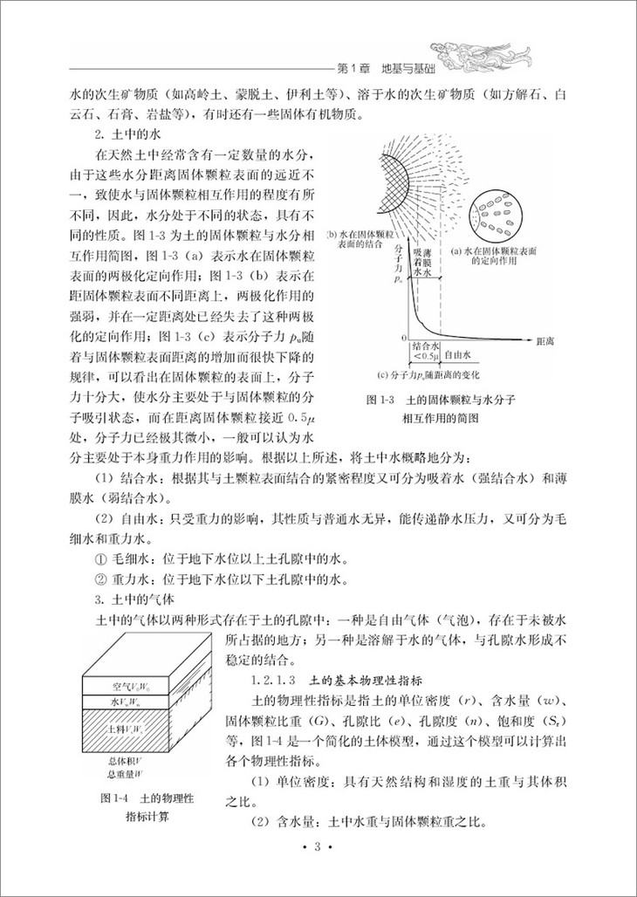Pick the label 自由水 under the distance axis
coord(458,355)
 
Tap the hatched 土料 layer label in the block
coord(132,728)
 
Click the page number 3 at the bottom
coord(318,871)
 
